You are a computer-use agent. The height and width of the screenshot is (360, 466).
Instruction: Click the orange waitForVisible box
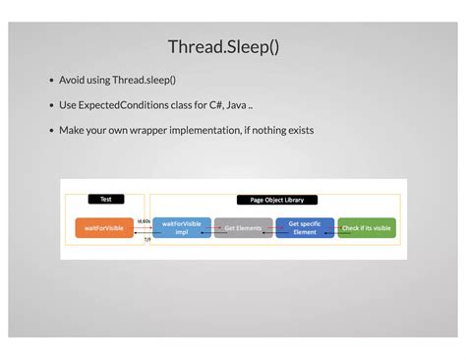(x=104, y=228)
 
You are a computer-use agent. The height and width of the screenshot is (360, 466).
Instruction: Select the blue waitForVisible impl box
(x=182, y=228)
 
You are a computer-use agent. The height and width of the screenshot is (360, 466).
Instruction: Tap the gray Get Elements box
(x=243, y=228)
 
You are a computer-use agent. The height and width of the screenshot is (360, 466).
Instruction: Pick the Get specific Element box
(x=305, y=228)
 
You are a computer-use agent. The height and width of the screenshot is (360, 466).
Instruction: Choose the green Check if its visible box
(x=367, y=228)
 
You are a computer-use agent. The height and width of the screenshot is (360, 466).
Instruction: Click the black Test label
(x=106, y=200)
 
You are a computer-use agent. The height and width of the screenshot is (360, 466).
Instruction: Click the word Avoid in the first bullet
(x=73, y=80)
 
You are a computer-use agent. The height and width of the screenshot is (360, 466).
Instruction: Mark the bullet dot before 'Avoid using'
(x=51, y=81)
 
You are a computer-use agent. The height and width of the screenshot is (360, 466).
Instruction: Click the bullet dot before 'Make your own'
(x=51, y=131)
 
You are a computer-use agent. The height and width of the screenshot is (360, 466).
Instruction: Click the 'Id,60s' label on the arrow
(x=144, y=221)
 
